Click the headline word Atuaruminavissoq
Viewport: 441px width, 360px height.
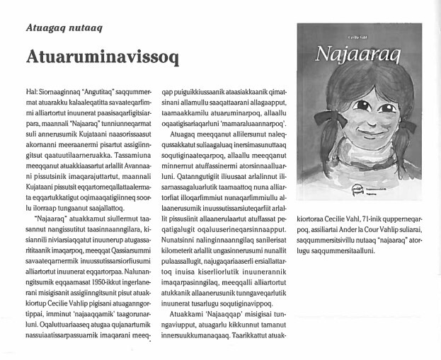103,57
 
